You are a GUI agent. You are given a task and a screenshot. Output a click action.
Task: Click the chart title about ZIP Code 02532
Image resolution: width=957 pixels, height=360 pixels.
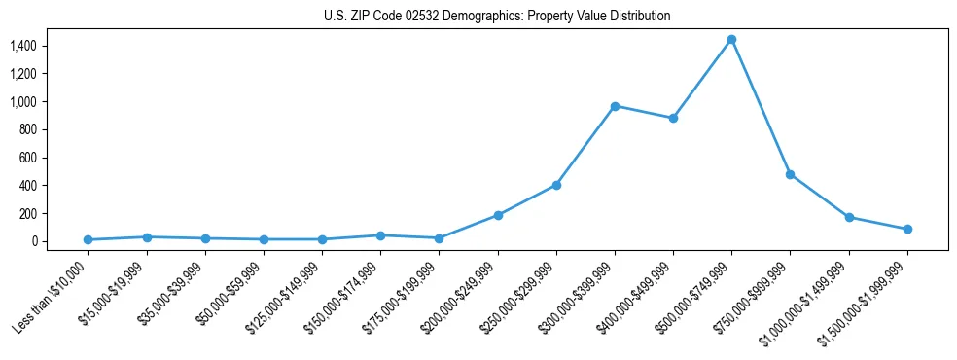click(497, 17)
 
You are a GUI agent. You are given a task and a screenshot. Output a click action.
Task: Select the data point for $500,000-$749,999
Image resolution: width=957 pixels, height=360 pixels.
click(731, 40)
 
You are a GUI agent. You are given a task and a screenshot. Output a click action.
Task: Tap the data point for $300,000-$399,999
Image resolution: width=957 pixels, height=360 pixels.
click(615, 106)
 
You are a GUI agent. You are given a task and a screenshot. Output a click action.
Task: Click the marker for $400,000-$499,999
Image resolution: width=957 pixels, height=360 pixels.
click(673, 118)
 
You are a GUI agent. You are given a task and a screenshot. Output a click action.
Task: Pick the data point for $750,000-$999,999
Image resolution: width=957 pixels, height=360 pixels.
click(790, 174)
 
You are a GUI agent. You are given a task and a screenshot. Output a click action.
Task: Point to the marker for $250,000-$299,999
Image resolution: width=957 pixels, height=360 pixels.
click(556, 185)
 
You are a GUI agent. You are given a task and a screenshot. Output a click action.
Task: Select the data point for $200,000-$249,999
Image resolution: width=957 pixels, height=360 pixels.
click(498, 215)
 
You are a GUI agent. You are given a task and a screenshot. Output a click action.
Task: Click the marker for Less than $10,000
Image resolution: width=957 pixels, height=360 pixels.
click(89, 239)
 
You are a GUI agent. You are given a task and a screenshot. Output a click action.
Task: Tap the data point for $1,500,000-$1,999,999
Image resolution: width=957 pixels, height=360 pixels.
click(907, 230)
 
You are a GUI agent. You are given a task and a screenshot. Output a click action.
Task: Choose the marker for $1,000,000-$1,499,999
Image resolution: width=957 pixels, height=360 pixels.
click(849, 217)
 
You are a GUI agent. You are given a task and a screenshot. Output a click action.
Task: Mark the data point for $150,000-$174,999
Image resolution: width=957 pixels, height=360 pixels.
click(380, 235)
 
